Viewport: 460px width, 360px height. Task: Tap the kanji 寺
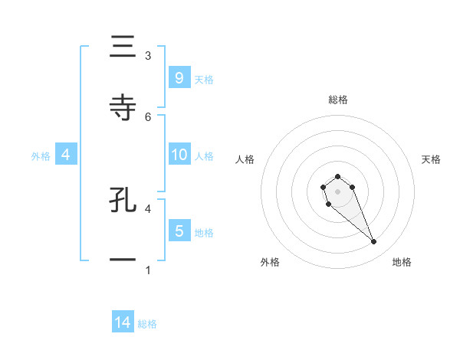(x=123, y=108)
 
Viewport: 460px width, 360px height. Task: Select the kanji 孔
(x=123, y=199)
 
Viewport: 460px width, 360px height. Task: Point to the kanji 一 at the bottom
(x=123, y=260)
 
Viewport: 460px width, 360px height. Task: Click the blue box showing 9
(x=179, y=77)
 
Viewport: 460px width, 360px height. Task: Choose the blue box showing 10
(x=179, y=155)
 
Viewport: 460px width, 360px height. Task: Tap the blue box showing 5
(x=179, y=231)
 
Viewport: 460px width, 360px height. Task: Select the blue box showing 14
(x=123, y=322)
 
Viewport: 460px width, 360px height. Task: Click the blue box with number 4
(x=66, y=155)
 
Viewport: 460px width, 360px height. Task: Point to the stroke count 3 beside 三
(x=148, y=56)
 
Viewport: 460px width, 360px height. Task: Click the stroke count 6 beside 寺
(x=148, y=116)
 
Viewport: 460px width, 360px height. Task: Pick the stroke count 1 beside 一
(x=148, y=270)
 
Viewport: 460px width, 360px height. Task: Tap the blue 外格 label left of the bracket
(x=41, y=155)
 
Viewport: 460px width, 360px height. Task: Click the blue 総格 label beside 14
(x=147, y=324)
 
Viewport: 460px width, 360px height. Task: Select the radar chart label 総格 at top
(x=338, y=100)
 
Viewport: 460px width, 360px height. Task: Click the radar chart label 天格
(x=432, y=159)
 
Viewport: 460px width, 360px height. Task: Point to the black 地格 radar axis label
(x=402, y=262)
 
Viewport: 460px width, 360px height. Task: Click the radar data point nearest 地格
(x=374, y=242)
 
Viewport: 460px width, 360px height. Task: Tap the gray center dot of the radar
(x=337, y=191)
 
